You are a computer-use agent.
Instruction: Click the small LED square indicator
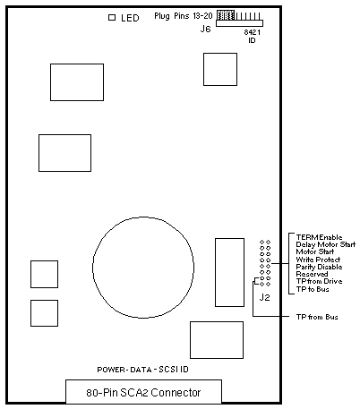click(x=112, y=18)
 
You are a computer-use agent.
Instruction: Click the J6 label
click(x=205, y=29)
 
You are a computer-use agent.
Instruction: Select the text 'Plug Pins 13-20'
click(x=184, y=16)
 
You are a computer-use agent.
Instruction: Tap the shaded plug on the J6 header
click(x=226, y=15)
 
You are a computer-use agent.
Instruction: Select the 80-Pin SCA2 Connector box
click(x=143, y=392)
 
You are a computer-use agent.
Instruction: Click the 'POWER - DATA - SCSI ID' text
click(x=143, y=370)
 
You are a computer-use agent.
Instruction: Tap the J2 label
click(x=264, y=297)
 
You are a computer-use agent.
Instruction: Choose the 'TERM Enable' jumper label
click(x=319, y=237)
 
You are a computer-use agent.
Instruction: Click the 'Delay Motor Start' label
click(x=326, y=244)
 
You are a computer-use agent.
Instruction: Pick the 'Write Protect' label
click(x=318, y=260)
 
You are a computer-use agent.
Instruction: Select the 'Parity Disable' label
click(x=319, y=267)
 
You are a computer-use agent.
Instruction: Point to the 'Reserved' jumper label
click(x=312, y=274)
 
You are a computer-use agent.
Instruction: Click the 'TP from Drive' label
click(x=319, y=281)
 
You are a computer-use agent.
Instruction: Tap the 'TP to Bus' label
click(x=313, y=289)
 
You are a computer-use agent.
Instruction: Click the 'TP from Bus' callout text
click(x=317, y=317)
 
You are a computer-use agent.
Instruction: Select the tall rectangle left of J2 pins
click(x=229, y=272)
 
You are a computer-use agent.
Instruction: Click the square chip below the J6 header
click(x=220, y=69)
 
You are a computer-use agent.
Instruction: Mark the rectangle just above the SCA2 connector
click(x=217, y=340)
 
